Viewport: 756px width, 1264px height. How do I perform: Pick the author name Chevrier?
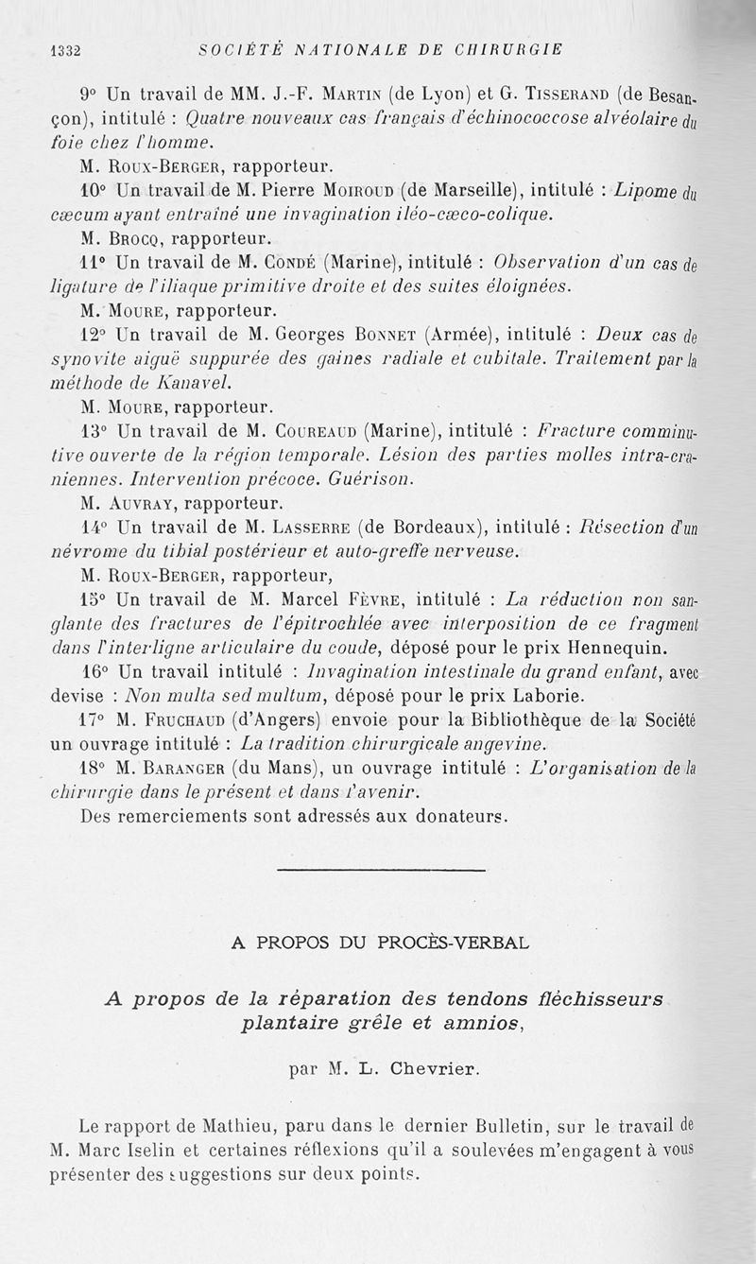coord(432,1070)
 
